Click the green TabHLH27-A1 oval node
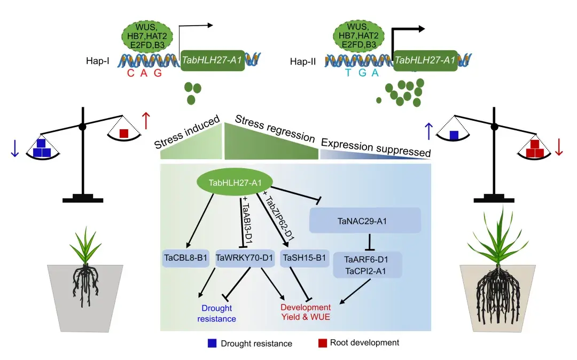(x=235, y=182)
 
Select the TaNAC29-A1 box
(x=365, y=221)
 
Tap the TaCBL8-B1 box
(x=186, y=258)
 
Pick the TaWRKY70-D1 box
(x=244, y=258)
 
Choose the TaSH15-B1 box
(x=305, y=258)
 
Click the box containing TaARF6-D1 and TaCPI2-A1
(x=367, y=265)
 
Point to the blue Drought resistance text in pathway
(x=217, y=314)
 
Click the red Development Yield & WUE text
(x=306, y=312)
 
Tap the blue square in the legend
(x=212, y=343)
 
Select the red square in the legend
(x=322, y=343)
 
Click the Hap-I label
(x=98, y=61)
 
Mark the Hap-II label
(x=303, y=61)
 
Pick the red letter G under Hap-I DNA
(x=158, y=73)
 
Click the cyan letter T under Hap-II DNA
(x=348, y=73)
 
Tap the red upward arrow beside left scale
(x=146, y=121)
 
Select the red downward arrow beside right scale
(x=559, y=147)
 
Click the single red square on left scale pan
(x=124, y=133)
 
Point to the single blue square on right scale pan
(x=454, y=135)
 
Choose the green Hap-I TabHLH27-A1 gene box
(x=212, y=60)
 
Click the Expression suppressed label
(x=376, y=147)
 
